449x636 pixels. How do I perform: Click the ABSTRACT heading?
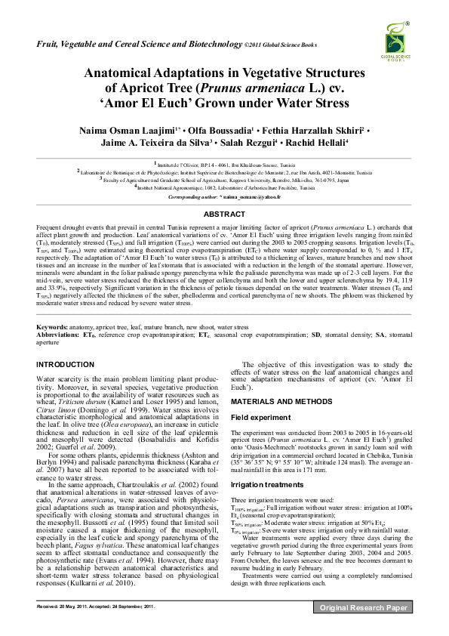click(x=224, y=215)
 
